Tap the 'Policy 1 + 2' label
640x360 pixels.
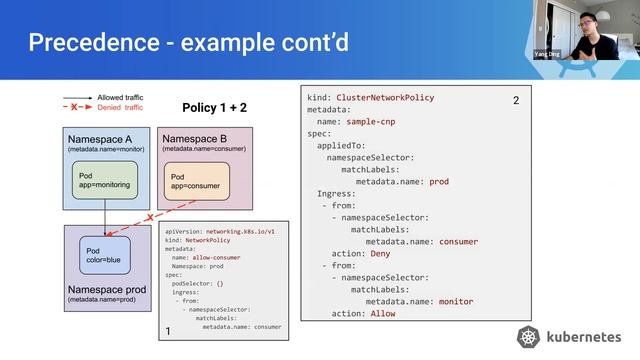214,107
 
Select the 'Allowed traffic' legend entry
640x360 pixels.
120,98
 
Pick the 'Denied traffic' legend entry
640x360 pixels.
120,107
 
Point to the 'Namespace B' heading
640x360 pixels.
194,138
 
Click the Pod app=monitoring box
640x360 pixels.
105,179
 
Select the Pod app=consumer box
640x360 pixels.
198,180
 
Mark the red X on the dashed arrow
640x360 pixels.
149,217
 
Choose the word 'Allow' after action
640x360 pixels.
383,313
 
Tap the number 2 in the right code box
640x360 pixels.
516,101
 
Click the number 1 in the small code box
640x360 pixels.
168,330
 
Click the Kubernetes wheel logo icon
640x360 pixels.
529,337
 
